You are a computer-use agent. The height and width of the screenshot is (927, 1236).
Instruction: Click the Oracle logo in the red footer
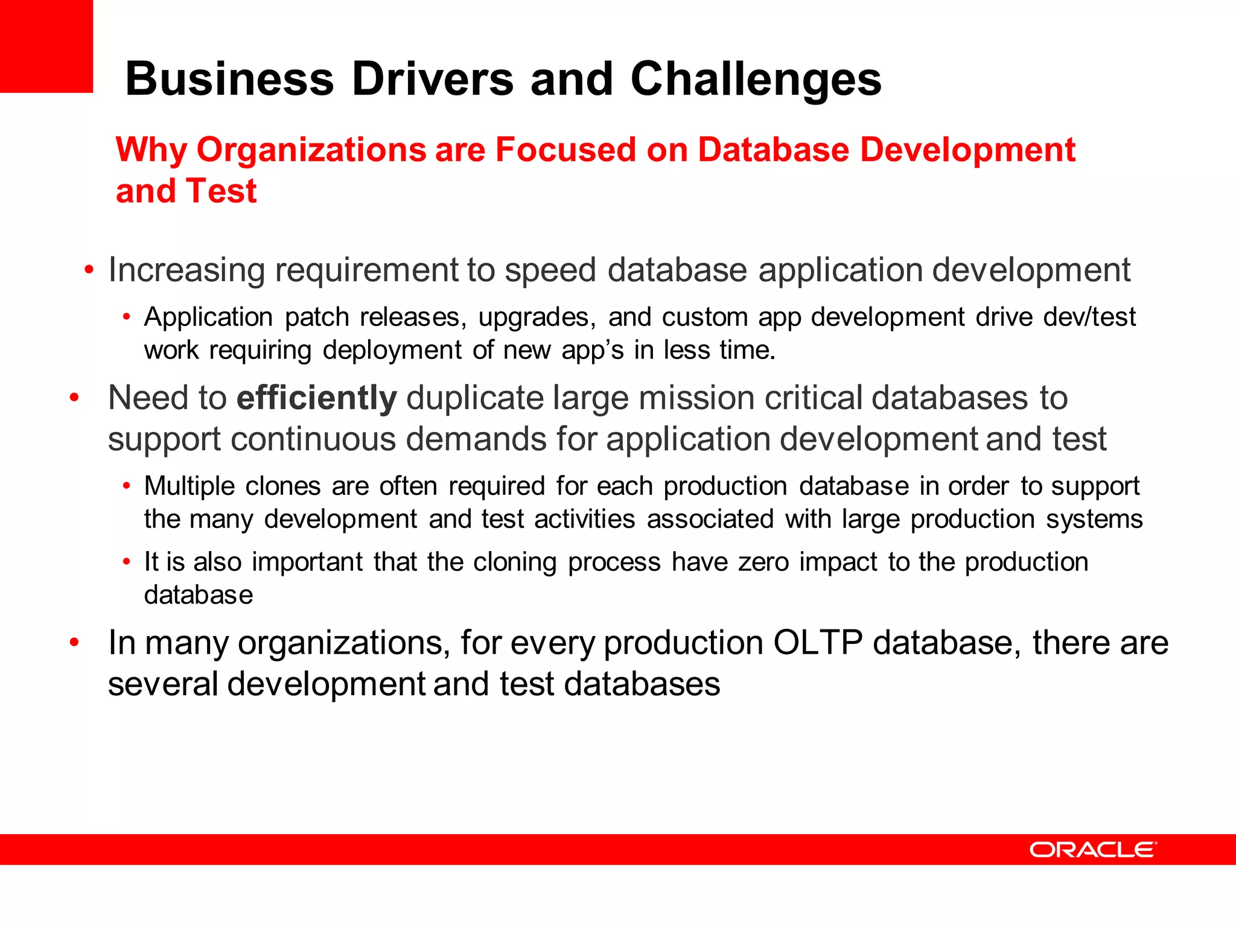click(1093, 850)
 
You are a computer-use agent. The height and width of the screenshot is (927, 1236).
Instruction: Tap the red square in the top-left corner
click(46, 46)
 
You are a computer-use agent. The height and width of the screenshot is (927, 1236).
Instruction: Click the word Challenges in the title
click(756, 79)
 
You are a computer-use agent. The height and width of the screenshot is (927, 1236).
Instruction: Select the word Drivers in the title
click(433, 79)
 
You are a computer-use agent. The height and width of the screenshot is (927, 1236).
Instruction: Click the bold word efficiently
click(317, 398)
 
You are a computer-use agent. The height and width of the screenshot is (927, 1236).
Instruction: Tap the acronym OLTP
click(818, 642)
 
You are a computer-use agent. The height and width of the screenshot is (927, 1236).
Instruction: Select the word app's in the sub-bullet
click(592, 350)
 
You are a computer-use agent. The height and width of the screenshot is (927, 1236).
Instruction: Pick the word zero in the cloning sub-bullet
click(763, 562)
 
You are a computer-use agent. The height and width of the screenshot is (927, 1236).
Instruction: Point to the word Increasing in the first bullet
click(186, 270)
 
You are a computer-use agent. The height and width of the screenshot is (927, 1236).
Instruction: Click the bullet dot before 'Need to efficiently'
click(74, 398)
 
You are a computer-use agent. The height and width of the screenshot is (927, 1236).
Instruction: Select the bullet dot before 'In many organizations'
click(74, 642)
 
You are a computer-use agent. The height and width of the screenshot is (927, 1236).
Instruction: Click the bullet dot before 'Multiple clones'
click(126, 486)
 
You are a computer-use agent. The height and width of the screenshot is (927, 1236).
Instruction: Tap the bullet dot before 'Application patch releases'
click(126, 317)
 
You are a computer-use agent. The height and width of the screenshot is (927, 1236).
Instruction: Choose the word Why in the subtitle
click(151, 151)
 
